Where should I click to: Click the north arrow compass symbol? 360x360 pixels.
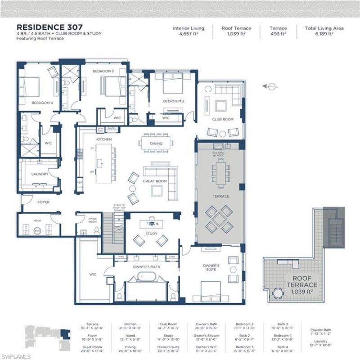270,86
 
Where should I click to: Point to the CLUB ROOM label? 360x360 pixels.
223,119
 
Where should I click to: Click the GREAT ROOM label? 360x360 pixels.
155,181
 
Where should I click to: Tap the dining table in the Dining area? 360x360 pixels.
156,144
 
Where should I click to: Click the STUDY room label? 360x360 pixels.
151,234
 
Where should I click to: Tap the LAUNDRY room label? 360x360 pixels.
40,174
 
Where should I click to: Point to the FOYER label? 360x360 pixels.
43,202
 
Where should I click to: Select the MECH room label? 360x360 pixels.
37,220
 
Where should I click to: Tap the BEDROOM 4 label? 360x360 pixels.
42,103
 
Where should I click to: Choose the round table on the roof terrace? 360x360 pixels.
278,294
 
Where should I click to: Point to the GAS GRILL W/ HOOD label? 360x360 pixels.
220,154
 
